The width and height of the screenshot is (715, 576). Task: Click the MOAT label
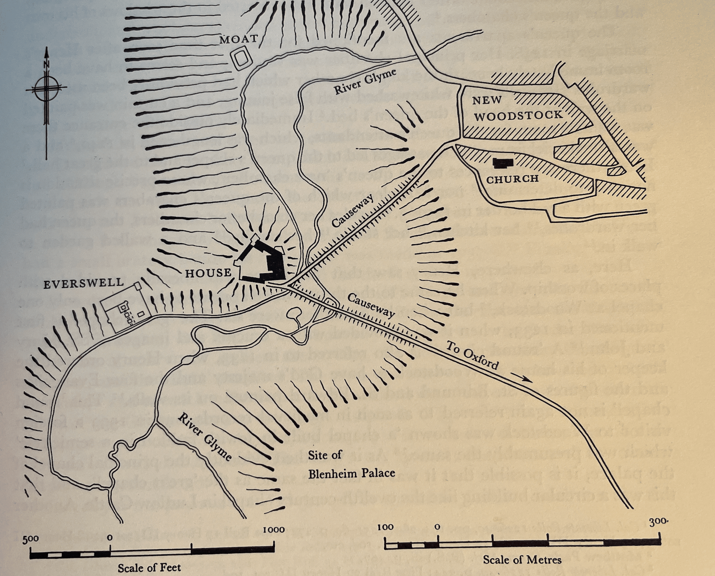pyautogui.click(x=239, y=39)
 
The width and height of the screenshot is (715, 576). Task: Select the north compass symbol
pyautogui.click(x=46, y=88)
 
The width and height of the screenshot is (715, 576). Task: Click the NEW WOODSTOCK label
pyautogui.click(x=518, y=108)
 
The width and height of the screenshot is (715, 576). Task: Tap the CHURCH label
pyautogui.click(x=512, y=179)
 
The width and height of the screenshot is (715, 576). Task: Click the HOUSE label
pyautogui.click(x=208, y=272)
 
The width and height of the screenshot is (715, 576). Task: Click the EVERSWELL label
pyautogui.click(x=84, y=283)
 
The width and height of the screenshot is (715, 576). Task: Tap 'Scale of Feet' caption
pyautogui.click(x=149, y=568)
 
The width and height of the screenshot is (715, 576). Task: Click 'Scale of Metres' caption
pyautogui.click(x=522, y=560)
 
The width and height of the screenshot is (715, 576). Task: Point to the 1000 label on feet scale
pyautogui.click(x=274, y=530)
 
